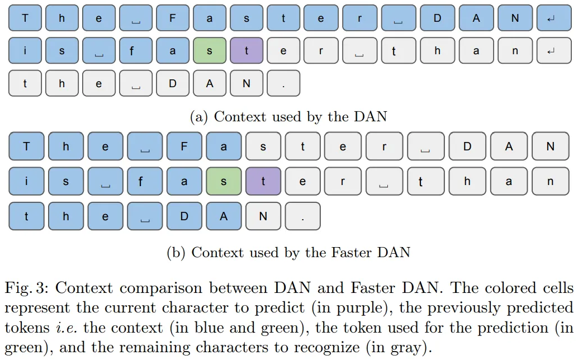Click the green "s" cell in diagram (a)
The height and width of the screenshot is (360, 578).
coord(210,51)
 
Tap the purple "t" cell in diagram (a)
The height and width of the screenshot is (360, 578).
coord(247,51)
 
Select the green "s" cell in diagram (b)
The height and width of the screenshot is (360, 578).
coord(224,181)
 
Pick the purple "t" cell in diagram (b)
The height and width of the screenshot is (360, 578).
coord(263,181)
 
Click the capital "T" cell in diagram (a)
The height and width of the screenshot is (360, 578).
coord(25,18)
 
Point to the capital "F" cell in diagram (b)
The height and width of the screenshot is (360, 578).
coord(184,147)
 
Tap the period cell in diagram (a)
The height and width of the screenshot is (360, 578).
coord(283,84)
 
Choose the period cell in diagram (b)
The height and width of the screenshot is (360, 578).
coord(302,216)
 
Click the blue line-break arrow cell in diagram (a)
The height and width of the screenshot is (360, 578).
coord(551,18)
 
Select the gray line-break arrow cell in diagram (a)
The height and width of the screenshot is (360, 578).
coord(551,51)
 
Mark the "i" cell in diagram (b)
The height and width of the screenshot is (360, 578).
coord(26,181)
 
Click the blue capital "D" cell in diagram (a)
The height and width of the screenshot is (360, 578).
coord(437,18)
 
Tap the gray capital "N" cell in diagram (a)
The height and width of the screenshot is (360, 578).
coord(247,84)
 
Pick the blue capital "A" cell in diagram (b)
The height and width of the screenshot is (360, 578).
coord(224,216)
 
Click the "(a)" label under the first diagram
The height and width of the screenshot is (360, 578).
coord(200,117)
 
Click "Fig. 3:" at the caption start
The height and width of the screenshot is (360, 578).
coord(27,288)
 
